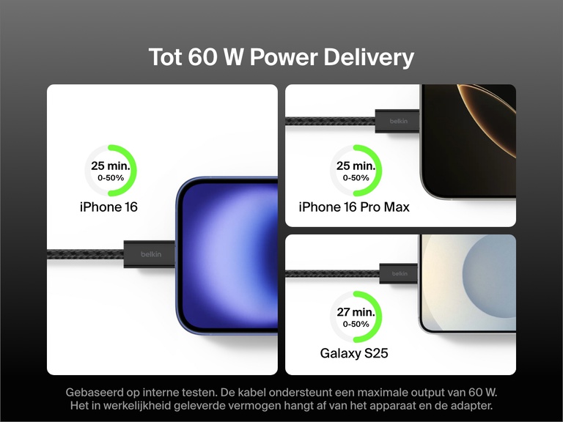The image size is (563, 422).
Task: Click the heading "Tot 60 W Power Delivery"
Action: [x=281, y=57]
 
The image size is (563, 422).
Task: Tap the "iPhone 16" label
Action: [x=108, y=207]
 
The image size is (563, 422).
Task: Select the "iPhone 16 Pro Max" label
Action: [x=354, y=207]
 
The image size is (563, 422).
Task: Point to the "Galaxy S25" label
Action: [x=354, y=354]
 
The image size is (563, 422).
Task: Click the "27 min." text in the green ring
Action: [x=356, y=312]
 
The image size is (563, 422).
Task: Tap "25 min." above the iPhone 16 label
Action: [x=110, y=166]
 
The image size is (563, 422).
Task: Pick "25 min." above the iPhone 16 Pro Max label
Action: [x=356, y=166]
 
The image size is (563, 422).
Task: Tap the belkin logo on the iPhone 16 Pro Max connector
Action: [x=398, y=121]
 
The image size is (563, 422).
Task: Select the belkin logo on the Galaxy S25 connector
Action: [x=400, y=273]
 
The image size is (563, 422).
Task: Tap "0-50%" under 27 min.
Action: [x=356, y=324]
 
